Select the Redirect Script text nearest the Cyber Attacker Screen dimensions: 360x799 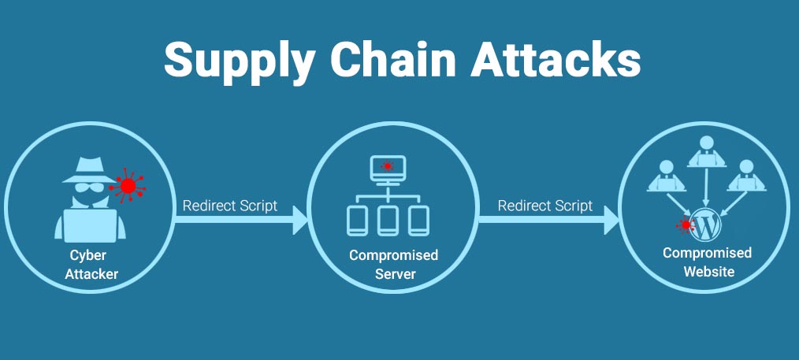click(x=229, y=206)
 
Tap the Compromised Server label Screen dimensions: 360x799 click(x=393, y=265)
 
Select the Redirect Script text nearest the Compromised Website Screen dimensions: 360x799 click(x=544, y=206)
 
